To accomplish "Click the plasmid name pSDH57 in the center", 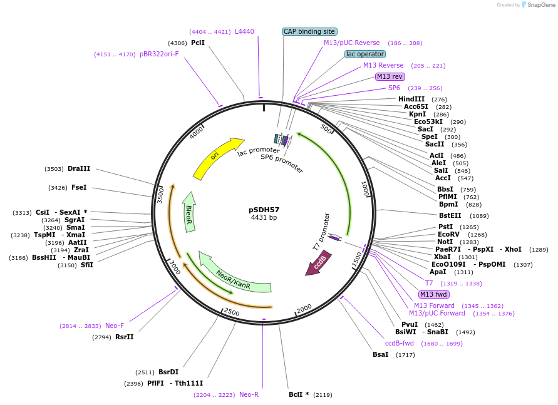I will (264, 210).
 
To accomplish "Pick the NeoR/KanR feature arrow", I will (233, 275).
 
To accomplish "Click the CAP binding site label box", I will (309, 31).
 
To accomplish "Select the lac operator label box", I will (365, 54).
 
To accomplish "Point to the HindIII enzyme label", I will (411, 99).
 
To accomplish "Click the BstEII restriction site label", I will (450, 215).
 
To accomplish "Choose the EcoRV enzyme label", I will (449, 234).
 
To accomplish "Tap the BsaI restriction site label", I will (380, 354).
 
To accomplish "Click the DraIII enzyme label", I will (79, 168).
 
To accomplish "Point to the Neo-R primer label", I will (249, 394).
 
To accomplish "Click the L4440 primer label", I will (244, 31).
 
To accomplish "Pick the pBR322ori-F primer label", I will (159, 54).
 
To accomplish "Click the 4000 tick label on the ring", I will (197, 132).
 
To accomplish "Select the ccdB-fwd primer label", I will (399, 343).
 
